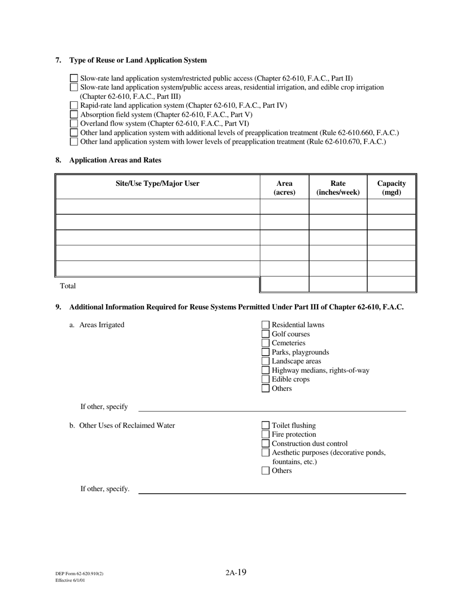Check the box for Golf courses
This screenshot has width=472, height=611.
pyautogui.click(x=265, y=334)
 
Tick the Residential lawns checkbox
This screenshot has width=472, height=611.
pyautogui.click(x=265, y=325)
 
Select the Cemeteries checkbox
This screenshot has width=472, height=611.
pyautogui.click(x=265, y=343)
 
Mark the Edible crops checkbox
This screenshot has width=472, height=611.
pyautogui.click(x=265, y=380)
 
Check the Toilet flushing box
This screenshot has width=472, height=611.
pyautogui.click(x=265, y=426)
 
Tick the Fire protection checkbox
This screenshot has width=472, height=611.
pyautogui.click(x=265, y=435)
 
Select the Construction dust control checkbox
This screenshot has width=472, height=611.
pyautogui.click(x=265, y=444)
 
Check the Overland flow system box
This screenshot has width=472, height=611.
pyautogui.click(x=74, y=124)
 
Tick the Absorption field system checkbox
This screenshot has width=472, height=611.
pyautogui.click(x=74, y=115)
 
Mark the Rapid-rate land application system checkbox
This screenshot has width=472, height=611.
pyautogui.click(x=74, y=105)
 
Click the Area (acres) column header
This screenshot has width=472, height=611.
pyautogui.click(x=284, y=188)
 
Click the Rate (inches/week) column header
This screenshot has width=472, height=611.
pyautogui.click(x=338, y=188)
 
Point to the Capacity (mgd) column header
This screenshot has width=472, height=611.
pyautogui.click(x=392, y=188)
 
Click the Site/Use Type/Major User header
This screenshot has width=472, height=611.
pyautogui.click(x=157, y=184)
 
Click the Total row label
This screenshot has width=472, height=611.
pyautogui.click(x=68, y=286)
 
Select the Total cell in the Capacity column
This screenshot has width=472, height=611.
pyautogui.click(x=391, y=285)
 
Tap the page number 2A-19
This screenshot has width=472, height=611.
pyautogui.click(x=236, y=572)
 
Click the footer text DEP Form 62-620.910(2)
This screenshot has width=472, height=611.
pyautogui.click(x=79, y=574)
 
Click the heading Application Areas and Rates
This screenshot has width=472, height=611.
pyautogui.click(x=115, y=160)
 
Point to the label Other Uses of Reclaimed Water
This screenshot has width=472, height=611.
pyautogui.click(x=127, y=426)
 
